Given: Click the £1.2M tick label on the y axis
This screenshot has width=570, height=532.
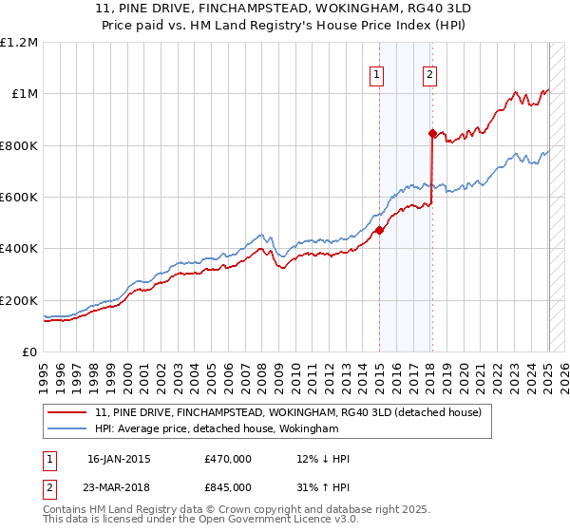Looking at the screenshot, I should [20, 43].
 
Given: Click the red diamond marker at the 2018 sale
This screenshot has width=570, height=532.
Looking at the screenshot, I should [432, 134].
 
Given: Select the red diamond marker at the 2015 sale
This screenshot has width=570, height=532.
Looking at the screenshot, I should [379, 230].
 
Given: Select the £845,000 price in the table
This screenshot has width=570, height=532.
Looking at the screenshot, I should [228, 486].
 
